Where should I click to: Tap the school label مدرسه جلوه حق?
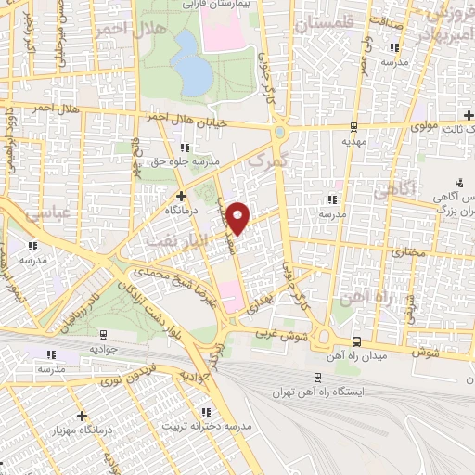[186, 160]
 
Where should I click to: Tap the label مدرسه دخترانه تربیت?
[209, 427]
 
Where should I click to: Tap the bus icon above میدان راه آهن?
[357, 340]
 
